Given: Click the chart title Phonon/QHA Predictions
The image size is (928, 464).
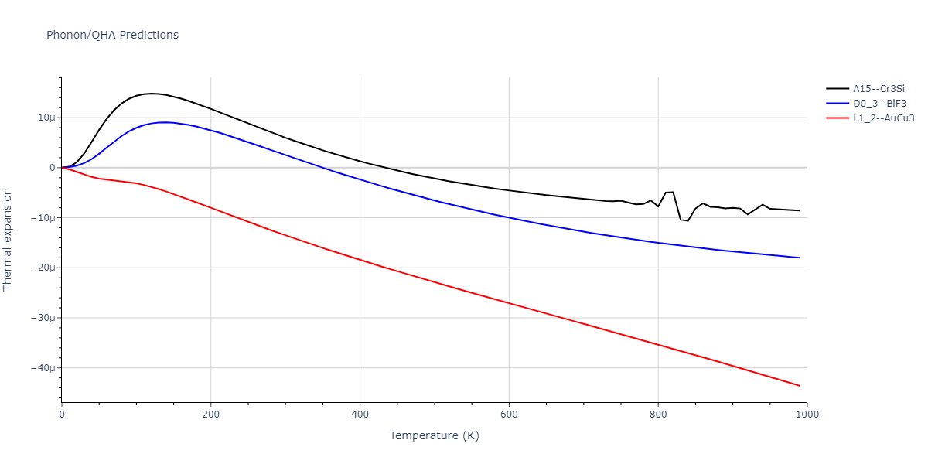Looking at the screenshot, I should [x=112, y=35].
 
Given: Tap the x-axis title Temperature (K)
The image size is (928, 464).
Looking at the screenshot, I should [x=434, y=435].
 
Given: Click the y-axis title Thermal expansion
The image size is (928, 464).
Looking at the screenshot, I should [x=9, y=239].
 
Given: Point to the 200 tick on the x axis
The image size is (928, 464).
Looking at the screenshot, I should [x=210, y=414].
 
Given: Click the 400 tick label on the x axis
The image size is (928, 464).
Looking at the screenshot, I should [x=360, y=414].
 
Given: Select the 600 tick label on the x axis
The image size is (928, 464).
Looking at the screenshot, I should [x=509, y=414].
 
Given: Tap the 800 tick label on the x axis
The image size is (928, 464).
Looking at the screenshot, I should [x=658, y=414].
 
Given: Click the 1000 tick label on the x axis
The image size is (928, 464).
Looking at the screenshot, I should [x=807, y=414].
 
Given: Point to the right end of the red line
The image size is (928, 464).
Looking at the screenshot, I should [x=799, y=386].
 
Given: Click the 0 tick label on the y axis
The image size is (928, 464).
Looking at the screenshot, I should [x=53, y=168].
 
